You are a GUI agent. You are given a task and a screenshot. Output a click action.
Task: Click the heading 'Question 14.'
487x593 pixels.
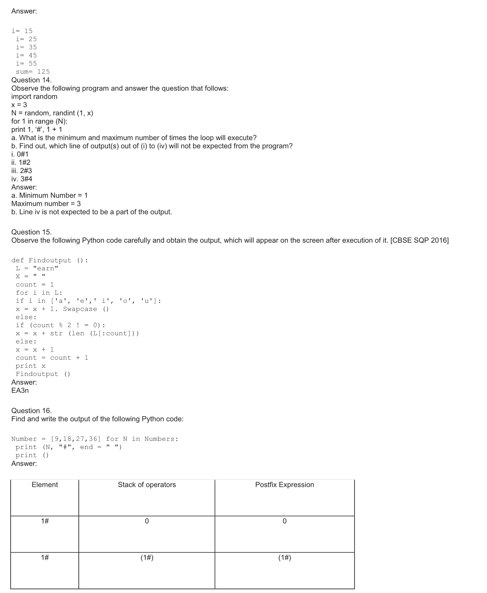coord(32,80)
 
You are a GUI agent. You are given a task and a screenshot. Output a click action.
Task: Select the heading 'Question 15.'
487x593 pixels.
coord(32,232)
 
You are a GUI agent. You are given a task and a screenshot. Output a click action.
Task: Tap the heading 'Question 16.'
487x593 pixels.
coord(32,410)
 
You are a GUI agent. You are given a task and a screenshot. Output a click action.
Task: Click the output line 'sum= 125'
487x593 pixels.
coord(33,72)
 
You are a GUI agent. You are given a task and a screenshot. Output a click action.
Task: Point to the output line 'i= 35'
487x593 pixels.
coord(26,47)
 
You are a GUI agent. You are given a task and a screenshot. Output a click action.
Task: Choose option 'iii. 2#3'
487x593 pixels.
coord(22,171)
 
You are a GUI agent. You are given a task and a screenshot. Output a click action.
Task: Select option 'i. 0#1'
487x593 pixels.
coord(20,154)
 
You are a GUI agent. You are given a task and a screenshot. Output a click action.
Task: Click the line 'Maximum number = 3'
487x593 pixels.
coord(46,204)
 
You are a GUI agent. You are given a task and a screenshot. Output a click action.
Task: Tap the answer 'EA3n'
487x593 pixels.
coord(20,390)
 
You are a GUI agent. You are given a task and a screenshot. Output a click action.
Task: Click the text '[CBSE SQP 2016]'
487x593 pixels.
coord(419,240)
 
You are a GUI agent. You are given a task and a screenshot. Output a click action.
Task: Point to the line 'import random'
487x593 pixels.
coord(34,97)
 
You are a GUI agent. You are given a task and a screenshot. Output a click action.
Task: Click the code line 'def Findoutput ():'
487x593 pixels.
coord(50,260)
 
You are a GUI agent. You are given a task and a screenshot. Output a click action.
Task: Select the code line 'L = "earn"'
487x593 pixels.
coord(37,268)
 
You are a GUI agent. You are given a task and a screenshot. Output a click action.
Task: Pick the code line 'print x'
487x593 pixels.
coord(31,366)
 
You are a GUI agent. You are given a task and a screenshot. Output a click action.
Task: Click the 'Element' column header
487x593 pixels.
coord(45,485)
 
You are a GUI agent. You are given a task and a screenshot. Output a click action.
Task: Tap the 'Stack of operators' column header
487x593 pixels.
coord(147,485)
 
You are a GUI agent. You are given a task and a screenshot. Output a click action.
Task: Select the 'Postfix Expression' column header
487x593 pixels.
coord(284,485)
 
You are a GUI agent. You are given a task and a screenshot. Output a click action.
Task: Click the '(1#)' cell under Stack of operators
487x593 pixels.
coord(147,557)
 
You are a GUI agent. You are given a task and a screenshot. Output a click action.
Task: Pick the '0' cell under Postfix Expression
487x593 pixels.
coord(284,521)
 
